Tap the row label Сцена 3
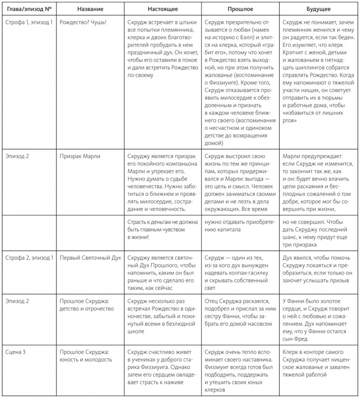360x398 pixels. (18, 352)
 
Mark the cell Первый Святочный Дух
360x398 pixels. (90, 258)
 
